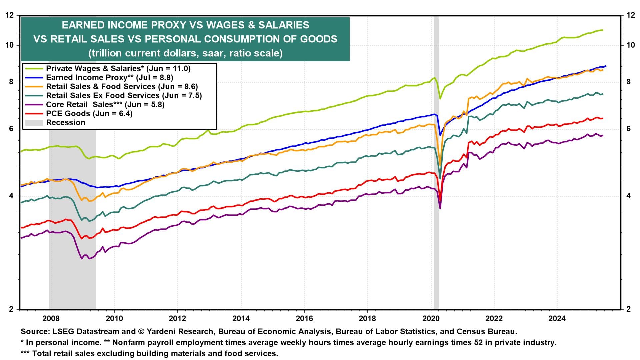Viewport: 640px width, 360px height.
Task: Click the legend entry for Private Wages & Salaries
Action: (x=118, y=68)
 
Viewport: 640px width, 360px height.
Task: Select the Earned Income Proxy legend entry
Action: (x=109, y=77)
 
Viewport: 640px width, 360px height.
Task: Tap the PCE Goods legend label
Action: (x=89, y=113)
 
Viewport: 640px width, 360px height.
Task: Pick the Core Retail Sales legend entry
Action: (x=105, y=104)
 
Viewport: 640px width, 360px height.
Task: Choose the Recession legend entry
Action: (x=66, y=122)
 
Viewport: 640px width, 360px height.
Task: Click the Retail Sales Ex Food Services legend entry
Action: (x=124, y=95)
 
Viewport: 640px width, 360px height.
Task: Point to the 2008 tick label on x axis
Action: (x=51, y=318)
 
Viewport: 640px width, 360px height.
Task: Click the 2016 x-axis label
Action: (x=304, y=318)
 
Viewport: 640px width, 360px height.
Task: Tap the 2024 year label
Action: (x=557, y=318)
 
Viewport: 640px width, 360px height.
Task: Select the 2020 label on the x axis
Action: (x=431, y=318)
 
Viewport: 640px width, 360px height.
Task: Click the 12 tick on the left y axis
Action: (x=10, y=15)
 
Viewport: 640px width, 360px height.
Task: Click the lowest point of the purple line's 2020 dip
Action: (x=440, y=209)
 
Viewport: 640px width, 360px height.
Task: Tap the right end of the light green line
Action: (x=602, y=30)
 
